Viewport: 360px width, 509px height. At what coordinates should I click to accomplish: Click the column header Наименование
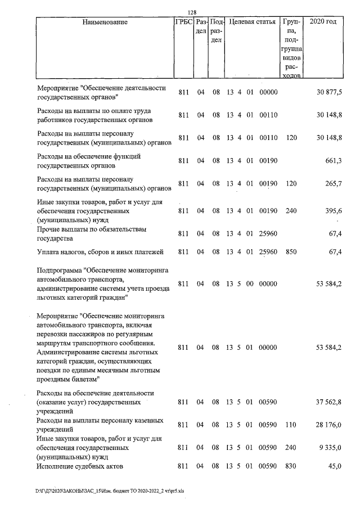click(x=105, y=22)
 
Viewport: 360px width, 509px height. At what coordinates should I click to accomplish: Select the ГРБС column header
click(x=184, y=22)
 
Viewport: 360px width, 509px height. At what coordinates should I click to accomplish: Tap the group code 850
click(x=291, y=251)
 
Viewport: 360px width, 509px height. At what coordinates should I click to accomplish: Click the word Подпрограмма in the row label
click(x=59, y=269)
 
